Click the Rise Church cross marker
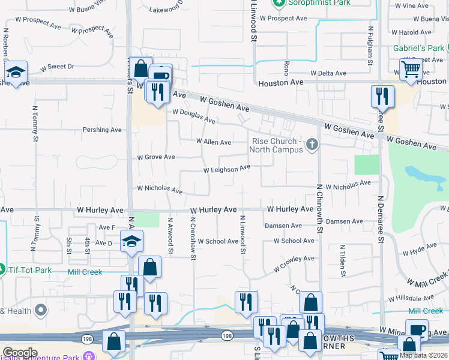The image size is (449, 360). (311, 144)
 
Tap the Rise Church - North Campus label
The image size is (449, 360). (277, 145)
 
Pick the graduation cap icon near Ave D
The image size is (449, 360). (131, 242)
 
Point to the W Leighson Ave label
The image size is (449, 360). (226, 170)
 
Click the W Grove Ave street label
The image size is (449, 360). (155, 157)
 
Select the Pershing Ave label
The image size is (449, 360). (103, 130)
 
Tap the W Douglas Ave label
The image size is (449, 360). (193, 116)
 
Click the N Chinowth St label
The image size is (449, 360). (319, 208)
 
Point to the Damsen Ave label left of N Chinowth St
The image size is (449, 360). (283, 226)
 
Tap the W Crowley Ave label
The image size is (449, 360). (294, 263)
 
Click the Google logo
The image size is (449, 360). (20, 352)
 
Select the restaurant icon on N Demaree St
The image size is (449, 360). (382, 96)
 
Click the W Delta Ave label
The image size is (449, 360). (328, 73)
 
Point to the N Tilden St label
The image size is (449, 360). (342, 260)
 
